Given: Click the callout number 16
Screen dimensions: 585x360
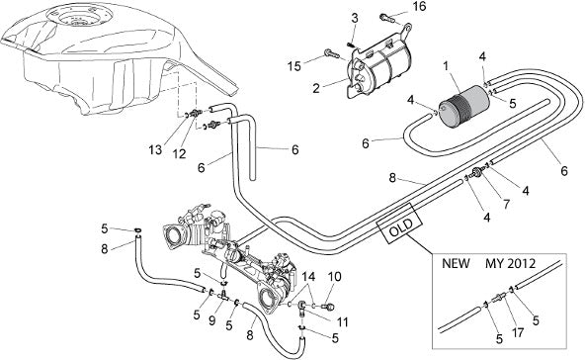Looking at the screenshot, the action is tap(419, 6).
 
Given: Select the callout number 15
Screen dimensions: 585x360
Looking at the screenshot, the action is tap(294, 66).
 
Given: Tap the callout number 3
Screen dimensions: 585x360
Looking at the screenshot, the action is tap(355, 18).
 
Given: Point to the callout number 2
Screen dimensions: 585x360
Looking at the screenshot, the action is tap(316, 88).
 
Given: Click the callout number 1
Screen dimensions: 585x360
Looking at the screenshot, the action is tap(445, 66).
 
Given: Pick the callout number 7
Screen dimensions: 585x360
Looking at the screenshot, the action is tap(506, 205).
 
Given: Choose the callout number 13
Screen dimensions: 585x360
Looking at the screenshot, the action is tap(155, 150).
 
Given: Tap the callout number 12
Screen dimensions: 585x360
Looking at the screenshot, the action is tap(180, 153).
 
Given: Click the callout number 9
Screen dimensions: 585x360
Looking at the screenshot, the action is tap(211, 320).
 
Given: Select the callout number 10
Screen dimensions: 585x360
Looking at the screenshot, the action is tap(335, 277).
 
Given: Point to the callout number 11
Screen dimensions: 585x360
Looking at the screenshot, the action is tap(342, 321).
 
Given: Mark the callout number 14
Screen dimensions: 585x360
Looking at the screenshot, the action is tap(308, 277).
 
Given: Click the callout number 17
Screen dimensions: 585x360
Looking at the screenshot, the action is tap(518, 332).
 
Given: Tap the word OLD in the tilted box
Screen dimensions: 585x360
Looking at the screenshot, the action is tap(400, 227).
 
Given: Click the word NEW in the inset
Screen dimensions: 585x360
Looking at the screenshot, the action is tap(456, 263).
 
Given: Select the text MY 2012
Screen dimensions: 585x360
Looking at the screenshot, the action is tap(510, 264).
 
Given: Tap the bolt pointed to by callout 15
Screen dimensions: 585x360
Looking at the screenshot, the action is tap(333, 54).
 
